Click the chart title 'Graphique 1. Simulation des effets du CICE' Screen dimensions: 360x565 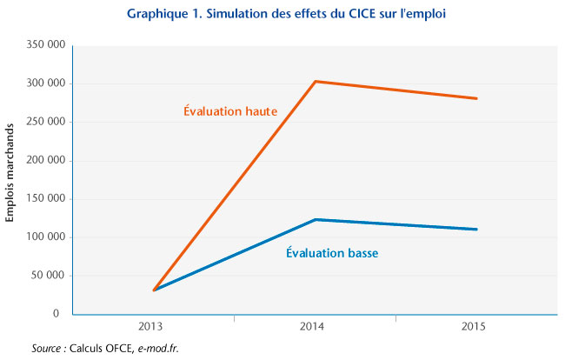[282, 15]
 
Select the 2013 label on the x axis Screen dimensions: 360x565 [154, 328]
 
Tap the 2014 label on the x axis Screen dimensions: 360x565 [316, 328]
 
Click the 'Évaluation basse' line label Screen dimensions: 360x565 [333, 253]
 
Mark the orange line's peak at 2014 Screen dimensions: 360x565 [316, 82]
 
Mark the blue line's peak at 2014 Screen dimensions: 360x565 [316, 220]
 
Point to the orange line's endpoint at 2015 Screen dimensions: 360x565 [476, 98]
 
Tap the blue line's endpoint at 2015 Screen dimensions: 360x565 [476, 230]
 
